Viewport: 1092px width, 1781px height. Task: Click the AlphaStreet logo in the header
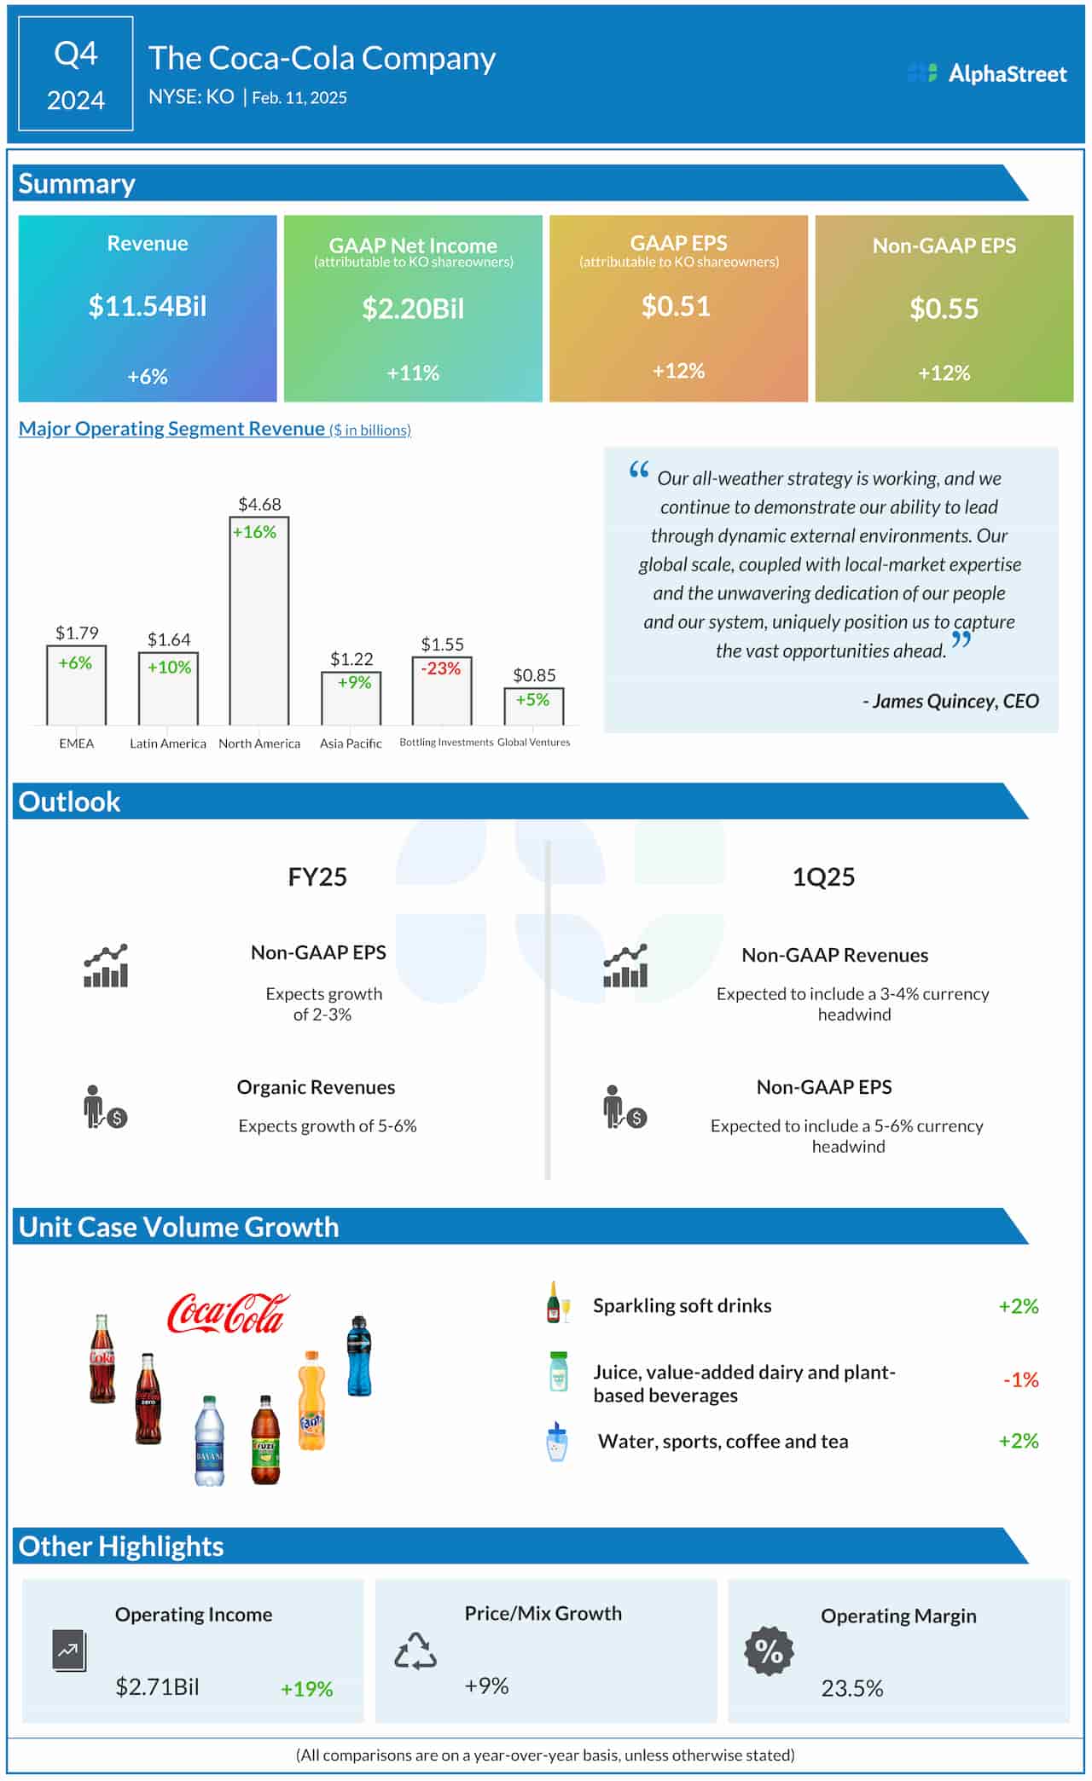pos(987,73)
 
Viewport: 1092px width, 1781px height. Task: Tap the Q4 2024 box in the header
pos(76,74)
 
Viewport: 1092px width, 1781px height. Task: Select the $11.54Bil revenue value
pos(148,306)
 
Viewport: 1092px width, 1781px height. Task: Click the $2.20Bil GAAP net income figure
pos(413,309)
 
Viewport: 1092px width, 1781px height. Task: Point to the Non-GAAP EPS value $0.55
pos(944,309)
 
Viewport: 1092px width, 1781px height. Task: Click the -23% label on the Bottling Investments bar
pos(441,668)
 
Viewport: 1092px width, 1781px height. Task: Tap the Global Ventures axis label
pos(534,743)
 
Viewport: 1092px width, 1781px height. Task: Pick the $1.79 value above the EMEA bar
pos(77,633)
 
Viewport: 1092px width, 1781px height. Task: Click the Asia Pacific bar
pos(351,698)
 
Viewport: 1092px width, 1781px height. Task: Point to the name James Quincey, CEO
pos(950,701)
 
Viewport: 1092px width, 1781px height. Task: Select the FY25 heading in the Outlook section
pos(317,877)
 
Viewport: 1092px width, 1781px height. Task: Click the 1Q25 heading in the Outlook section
pos(823,877)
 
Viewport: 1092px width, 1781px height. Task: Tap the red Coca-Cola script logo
pos(228,1314)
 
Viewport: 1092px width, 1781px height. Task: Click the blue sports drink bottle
pos(359,1356)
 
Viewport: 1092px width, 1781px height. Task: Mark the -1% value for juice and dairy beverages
pos(1020,1380)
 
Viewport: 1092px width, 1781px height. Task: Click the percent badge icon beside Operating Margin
pos(769,1651)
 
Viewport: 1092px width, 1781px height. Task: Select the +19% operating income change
pos(306,1689)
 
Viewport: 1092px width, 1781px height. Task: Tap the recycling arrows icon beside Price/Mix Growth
pos(415,1651)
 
